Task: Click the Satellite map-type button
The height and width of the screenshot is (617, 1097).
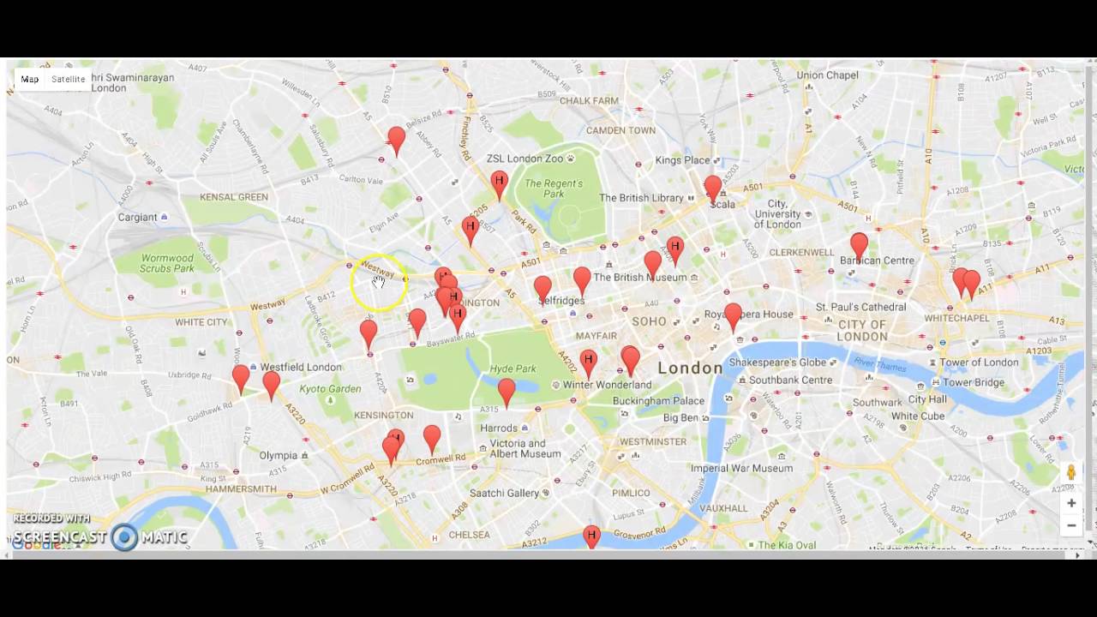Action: (68, 79)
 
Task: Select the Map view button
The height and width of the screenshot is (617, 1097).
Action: (30, 79)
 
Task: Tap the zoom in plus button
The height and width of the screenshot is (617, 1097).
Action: (1071, 503)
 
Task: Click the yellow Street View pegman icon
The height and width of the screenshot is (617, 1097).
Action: (1071, 472)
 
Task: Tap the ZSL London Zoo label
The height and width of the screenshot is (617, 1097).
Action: (525, 159)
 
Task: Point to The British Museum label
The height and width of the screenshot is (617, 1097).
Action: (639, 278)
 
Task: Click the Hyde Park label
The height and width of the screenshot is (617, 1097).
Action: (513, 369)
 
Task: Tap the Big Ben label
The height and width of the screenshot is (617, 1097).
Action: (681, 417)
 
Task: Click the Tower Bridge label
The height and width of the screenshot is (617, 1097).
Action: (973, 382)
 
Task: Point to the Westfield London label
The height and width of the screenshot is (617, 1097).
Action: (301, 367)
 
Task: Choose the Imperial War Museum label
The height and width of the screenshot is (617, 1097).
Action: (741, 469)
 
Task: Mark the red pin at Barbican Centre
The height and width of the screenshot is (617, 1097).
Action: (859, 245)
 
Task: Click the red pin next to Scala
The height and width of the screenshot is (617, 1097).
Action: (713, 188)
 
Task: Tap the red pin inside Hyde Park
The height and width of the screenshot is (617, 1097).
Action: (507, 391)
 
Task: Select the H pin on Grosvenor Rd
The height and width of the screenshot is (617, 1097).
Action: (590, 536)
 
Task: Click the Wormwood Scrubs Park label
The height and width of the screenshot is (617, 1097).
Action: (168, 263)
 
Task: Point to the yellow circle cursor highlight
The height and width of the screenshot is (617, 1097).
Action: (378, 283)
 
